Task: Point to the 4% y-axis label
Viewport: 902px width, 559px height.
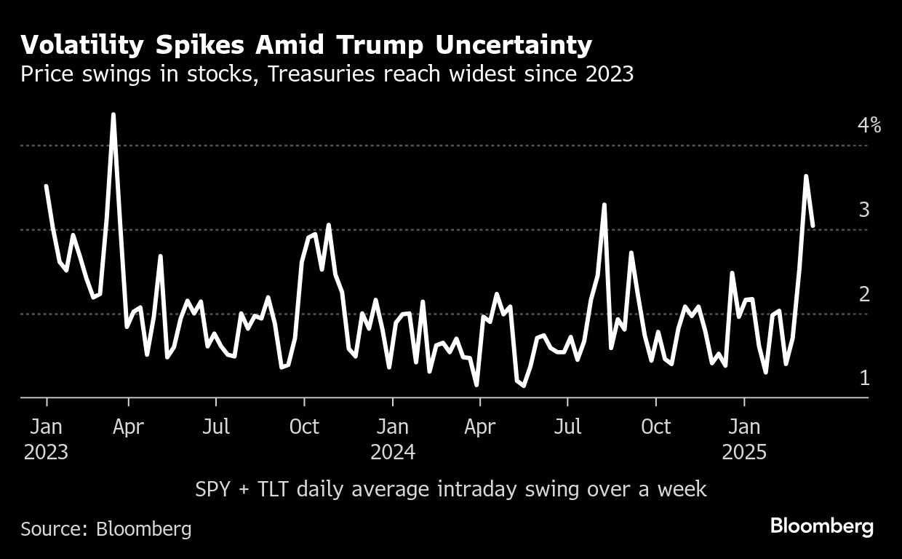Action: (x=869, y=126)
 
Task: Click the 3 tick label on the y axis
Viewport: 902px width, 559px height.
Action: (x=864, y=210)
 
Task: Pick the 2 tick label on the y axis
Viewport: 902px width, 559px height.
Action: (x=864, y=294)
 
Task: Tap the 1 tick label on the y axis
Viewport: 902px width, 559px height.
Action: (x=864, y=378)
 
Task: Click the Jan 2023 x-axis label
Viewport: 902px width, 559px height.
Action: (x=46, y=439)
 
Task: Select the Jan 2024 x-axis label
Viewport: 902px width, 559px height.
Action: (x=393, y=439)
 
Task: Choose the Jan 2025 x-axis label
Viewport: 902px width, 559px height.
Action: (x=744, y=439)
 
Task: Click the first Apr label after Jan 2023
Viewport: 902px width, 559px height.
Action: (x=128, y=427)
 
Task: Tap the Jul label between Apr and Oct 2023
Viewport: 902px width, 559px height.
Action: (x=216, y=427)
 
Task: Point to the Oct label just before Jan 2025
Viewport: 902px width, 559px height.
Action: (x=656, y=427)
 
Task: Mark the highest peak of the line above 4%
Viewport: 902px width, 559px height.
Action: (x=113, y=114)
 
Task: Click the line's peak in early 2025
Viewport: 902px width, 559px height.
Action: (x=805, y=176)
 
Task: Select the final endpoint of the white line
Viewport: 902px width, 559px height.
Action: (x=813, y=226)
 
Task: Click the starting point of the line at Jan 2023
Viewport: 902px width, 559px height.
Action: (x=46, y=186)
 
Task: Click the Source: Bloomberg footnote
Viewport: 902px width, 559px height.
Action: (x=106, y=528)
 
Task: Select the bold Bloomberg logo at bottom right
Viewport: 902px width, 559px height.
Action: (x=822, y=526)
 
